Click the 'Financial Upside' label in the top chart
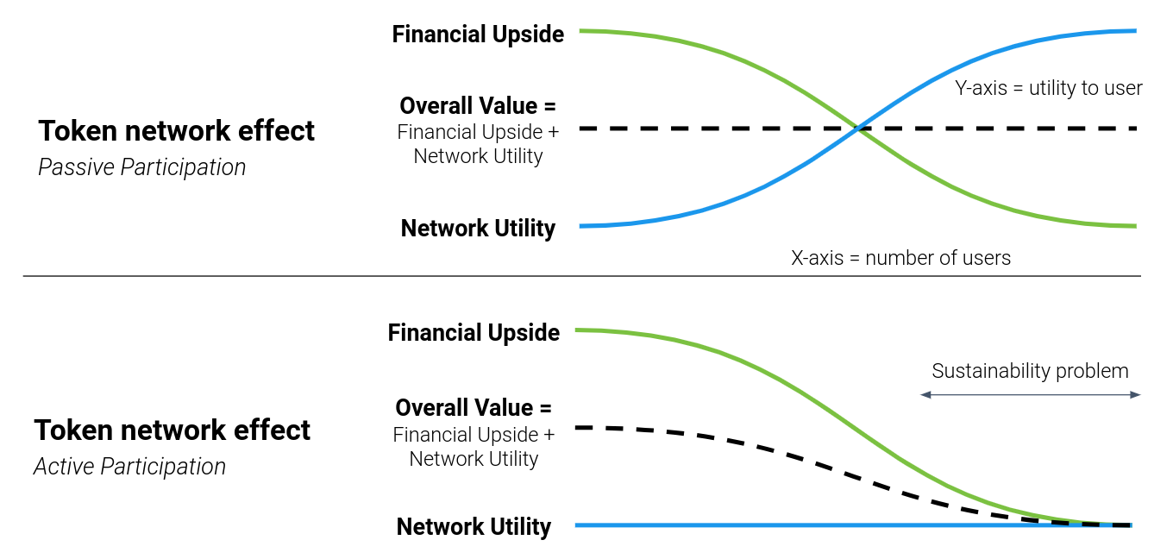click(478, 35)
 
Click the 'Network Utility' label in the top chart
click(478, 229)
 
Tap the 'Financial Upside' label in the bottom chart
click(474, 333)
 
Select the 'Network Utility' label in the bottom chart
click(474, 527)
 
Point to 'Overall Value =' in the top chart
click(478, 106)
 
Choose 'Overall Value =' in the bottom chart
click(474, 408)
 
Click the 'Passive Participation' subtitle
click(142, 167)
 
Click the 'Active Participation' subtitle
click(129, 467)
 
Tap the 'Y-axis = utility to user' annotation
click(1049, 88)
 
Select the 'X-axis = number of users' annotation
click(900, 257)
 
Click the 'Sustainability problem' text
click(1030, 371)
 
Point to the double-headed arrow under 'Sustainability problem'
click(1031, 394)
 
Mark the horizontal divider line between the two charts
click(582, 276)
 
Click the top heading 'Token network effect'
click(177, 131)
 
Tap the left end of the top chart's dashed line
click(581, 129)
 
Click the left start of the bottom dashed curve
click(577, 427)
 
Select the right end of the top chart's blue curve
click(1134, 30)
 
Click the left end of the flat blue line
click(577, 524)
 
